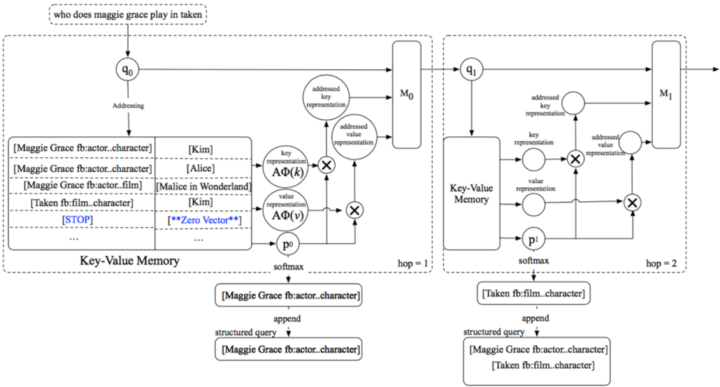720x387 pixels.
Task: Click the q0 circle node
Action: tap(128, 70)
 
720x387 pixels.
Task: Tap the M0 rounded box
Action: tap(406, 94)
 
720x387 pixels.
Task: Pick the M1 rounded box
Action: tap(665, 94)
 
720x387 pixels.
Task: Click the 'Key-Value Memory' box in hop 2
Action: tap(472, 193)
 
